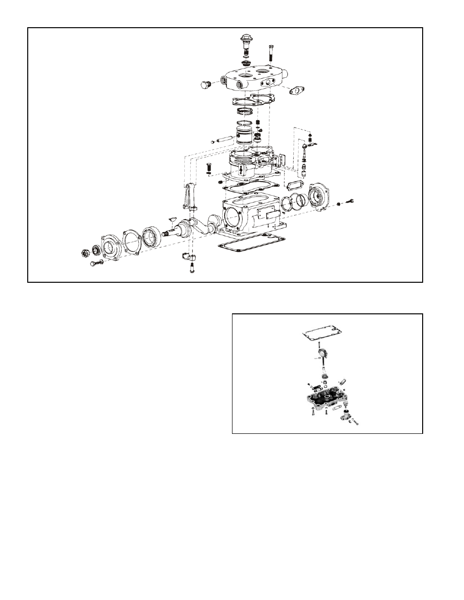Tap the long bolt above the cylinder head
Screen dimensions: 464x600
[270, 51]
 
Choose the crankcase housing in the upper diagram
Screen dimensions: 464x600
[249, 214]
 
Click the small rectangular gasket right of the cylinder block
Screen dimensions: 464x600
[295, 186]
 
